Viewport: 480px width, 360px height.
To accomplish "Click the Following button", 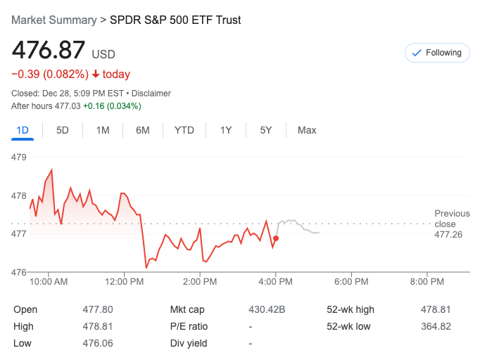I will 437,53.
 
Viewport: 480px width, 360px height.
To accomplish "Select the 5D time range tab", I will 63,130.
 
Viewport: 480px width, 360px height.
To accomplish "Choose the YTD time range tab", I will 184,130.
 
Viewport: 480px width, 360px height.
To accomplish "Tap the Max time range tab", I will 307,130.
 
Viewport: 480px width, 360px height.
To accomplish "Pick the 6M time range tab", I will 143,130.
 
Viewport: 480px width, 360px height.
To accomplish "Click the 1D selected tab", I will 23,130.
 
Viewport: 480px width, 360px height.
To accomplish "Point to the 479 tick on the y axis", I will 19,157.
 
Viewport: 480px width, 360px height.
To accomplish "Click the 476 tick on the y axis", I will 19,272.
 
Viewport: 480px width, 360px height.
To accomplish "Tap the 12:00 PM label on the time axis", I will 124,282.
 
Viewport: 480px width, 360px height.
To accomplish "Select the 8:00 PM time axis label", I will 427,282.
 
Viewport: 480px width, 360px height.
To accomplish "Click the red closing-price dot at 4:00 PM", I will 275,238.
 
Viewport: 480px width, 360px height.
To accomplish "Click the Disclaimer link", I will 151,94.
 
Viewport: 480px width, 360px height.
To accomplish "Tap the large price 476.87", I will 49,51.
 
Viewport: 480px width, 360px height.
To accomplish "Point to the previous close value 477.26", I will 448,234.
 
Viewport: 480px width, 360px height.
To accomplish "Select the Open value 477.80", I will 98,309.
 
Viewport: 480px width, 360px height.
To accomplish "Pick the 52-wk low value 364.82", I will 436,326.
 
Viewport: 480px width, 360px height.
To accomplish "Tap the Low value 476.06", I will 98,343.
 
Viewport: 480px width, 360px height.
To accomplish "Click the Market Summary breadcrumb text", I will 53,20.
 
